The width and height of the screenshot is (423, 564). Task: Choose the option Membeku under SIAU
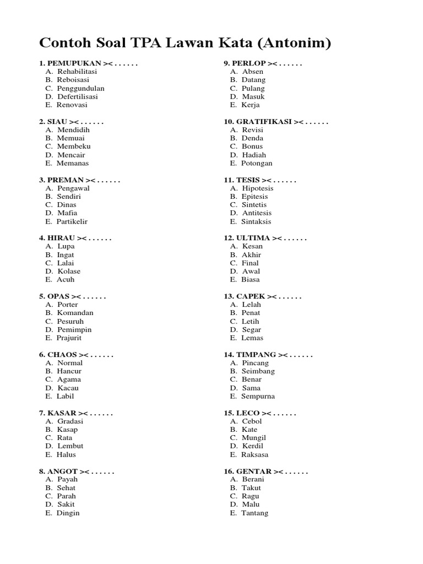(x=74, y=147)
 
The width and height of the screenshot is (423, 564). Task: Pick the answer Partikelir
(x=72, y=221)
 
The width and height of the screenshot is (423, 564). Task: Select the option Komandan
(x=75, y=313)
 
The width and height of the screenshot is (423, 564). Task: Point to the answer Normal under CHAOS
(x=70, y=363)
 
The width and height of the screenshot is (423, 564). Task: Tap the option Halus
(x=66, y=454)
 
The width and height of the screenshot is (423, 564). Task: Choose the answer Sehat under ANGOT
(x=66, y=488)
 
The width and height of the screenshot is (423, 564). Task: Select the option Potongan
(x=257, y=163)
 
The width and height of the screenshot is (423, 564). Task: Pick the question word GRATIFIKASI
(x=264, y=122)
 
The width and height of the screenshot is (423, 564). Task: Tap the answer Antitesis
(x=257, y=213)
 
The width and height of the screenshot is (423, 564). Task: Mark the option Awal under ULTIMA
(x=251, y=271)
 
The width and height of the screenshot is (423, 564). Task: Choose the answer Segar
(x=252, y=329)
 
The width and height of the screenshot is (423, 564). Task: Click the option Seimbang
(x=258, y=371)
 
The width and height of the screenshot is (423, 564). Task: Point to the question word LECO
(x=248, y=413)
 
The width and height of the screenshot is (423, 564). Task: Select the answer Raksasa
(x=255, y=454)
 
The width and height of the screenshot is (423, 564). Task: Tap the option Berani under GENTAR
(x=253, y=480)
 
